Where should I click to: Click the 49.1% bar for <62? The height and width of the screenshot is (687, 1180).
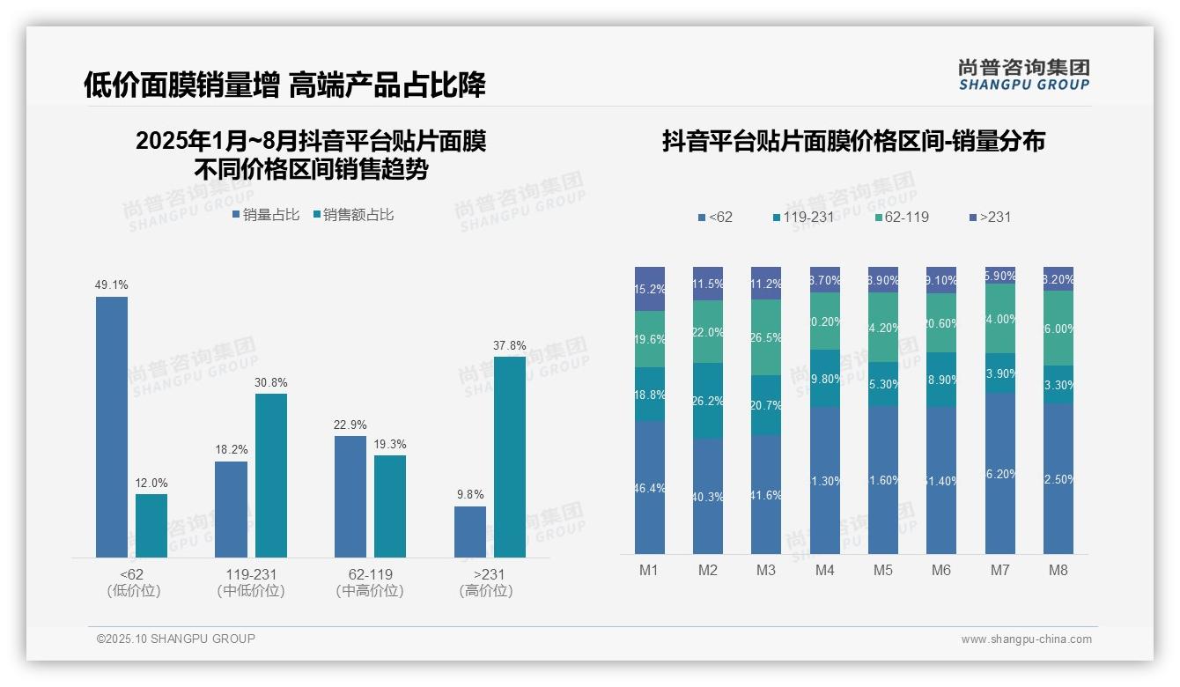(x=112, y=427)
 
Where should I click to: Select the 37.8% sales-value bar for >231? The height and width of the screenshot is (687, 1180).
(x=510, y=457)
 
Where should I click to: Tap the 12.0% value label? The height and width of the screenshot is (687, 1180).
(x=151, y=484)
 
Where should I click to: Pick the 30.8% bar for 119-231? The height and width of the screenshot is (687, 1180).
(x=271, y=476)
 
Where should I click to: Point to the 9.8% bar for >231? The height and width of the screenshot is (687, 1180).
(x=470, y=532)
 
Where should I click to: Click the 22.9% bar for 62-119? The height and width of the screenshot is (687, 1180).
(x=350, y=497)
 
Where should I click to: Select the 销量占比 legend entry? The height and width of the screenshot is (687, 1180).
(x=266, y=215)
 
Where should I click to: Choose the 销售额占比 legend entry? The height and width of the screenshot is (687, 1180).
(x=353, y=215)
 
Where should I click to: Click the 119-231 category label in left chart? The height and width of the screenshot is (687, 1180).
(x=251, y=574)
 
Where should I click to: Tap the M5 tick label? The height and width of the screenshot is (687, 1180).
(x=883, y=571)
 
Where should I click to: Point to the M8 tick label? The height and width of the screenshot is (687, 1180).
(x=1058, y=571)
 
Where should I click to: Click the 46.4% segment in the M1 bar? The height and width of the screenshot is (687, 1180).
(x=650, y=487)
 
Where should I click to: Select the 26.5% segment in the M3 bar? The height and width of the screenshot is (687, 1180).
(x=766, y=337)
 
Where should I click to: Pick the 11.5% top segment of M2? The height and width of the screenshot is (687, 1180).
(x=708, y=284)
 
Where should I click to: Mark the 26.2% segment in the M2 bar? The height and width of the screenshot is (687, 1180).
(x=708, y=401)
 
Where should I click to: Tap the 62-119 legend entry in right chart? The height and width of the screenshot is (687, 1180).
(x=903, y=217)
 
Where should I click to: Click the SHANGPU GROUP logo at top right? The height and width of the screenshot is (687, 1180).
(x=1023, y=75)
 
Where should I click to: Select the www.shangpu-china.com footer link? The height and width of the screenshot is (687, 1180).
(x=1026, y=639)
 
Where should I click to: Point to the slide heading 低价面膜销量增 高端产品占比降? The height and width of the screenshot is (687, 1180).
(x=284, y=85)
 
